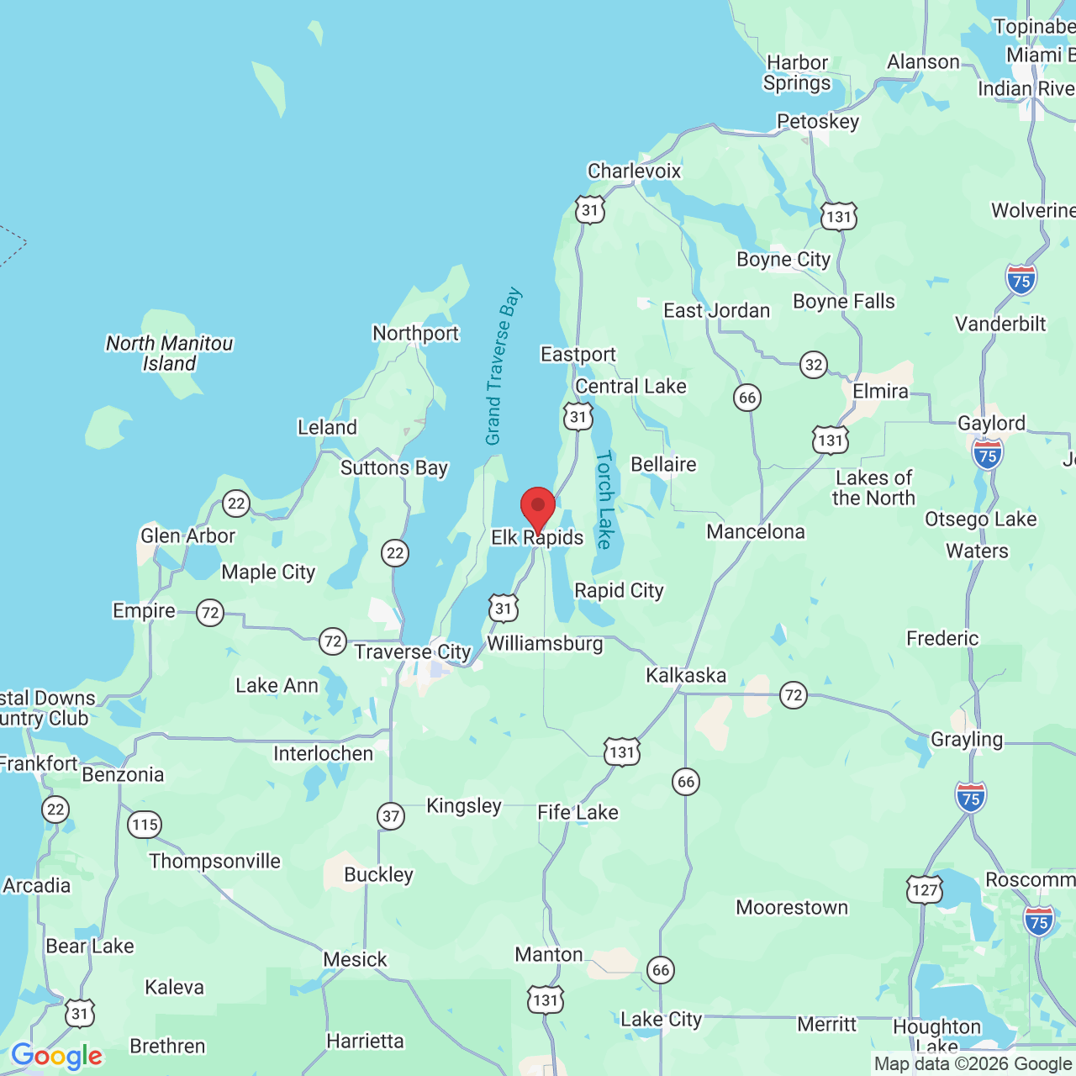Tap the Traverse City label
[412, 652]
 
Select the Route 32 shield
[814, 365]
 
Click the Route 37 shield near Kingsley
[391, 815]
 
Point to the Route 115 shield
[145, 825]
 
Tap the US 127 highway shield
[925, 889]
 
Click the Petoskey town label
[818, 122]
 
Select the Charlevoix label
[634, 171]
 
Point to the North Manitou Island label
[169, 354]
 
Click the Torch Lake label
[604, 500]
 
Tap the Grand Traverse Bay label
[503, 367]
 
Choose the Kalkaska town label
[686, 676]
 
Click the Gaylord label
[991, 424]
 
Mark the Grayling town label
[967, 740]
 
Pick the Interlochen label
[323, 754]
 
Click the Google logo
[56, 1056]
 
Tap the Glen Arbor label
[187, 536]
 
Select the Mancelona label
[756, 532]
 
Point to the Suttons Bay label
[394, 468]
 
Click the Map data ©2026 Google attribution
[973, 1064]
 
